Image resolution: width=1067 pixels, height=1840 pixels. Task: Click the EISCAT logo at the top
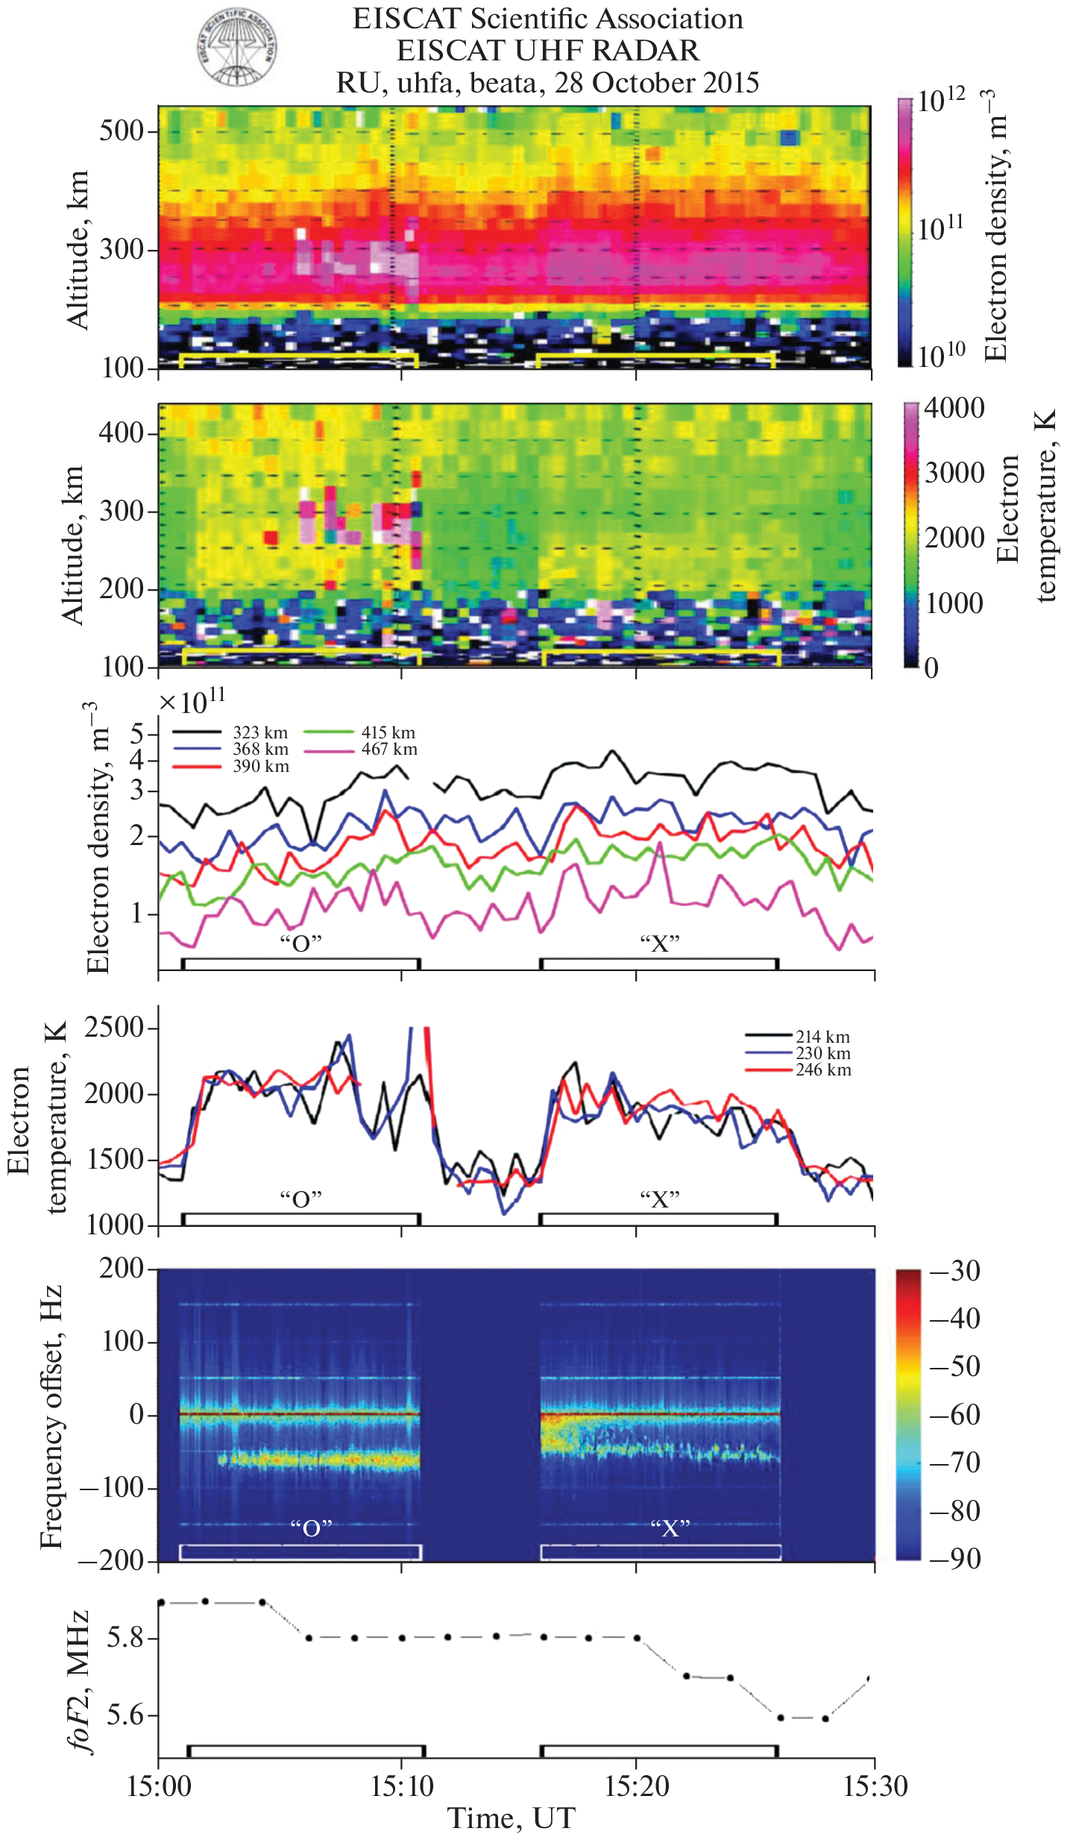(x=237, y=46)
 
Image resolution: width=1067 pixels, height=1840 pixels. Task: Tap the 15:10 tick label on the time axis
(x=402, y=1787)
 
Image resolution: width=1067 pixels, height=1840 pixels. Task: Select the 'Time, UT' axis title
(x=512, y=1818)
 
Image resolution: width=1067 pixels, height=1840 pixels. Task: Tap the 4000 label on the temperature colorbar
(x=954, y=409)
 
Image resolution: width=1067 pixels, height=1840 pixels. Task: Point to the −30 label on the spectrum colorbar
(x=955, y=1271)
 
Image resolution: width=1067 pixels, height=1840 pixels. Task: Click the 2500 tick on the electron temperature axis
(x=113, y=1028)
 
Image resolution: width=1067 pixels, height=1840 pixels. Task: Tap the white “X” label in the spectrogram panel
(x=670, y=1528)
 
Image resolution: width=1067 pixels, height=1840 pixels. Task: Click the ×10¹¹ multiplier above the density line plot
(x=192, y=703)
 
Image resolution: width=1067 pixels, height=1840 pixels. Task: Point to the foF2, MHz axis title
(x=79, y=1682)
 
